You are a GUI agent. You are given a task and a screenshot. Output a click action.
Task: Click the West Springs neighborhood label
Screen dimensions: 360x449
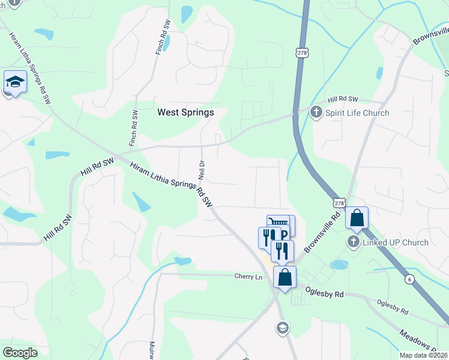coord(185,112)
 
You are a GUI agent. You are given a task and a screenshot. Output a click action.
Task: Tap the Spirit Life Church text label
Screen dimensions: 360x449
coord(357,113)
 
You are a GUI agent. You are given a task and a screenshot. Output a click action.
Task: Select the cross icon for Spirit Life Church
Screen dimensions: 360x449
coord(316,112)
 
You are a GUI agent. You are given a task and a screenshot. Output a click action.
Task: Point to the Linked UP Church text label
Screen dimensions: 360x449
coord(395,242)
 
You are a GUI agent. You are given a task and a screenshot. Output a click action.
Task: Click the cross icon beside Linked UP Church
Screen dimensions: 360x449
coord(353,242)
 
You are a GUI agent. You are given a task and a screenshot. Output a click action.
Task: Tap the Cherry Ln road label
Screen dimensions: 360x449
coord(248,277)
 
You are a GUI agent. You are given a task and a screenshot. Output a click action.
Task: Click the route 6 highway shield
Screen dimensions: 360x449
coord(409,279)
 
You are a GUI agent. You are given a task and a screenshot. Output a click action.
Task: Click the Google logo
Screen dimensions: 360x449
coord(20,353)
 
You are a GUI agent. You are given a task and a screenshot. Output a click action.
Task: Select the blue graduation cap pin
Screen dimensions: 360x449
coord(15,83)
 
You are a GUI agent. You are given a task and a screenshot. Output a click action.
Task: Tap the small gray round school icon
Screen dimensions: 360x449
coord(282,328)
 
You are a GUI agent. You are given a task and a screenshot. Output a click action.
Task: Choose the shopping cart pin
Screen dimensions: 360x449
coord(278,223)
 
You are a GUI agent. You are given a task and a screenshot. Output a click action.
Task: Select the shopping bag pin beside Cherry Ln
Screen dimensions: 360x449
coord(285,277)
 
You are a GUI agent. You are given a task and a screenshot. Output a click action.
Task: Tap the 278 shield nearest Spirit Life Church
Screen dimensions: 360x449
coord(302,53)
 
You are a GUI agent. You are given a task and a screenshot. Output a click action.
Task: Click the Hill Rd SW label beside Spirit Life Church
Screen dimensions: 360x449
coord(343,99)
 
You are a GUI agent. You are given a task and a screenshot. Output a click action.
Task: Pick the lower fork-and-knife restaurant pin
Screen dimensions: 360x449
coord(282,250)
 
